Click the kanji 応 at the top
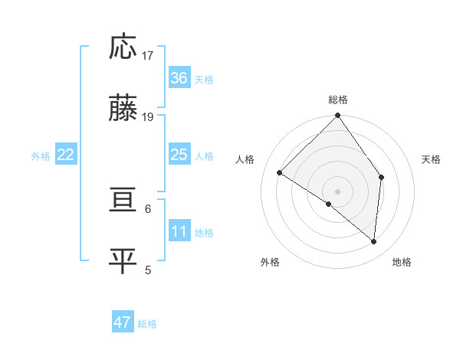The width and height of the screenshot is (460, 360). (x=123, y=47)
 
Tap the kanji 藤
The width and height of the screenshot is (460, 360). (x=123, y=109)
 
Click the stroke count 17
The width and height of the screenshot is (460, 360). (x=148, y=55)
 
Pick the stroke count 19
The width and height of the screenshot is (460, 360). (x=148, y=116)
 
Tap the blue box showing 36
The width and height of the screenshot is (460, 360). (x=179, y=78)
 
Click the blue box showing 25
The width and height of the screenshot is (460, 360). (x=179, y=155)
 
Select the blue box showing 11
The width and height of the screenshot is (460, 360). (x=179, y=231)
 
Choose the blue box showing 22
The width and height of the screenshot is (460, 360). (x=65, y=155)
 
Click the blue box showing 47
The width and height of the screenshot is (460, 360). (x=123, y=322)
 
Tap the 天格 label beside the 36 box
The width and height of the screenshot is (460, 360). (x=204, y=79)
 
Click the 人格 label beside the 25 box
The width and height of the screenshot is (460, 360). (x=204, y=155)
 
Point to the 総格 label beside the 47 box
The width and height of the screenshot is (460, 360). (x=147, y=323)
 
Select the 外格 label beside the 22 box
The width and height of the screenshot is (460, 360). (x=41, y=155)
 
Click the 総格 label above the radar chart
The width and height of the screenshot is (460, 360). (x=337, y=100)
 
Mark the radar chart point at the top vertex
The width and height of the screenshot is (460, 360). (x=337, y=116)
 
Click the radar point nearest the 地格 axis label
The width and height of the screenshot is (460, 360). (x=373, y=241)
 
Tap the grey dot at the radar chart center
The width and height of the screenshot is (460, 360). (x=337, y=191)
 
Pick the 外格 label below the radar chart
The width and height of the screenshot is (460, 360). (x=270, y=262)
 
